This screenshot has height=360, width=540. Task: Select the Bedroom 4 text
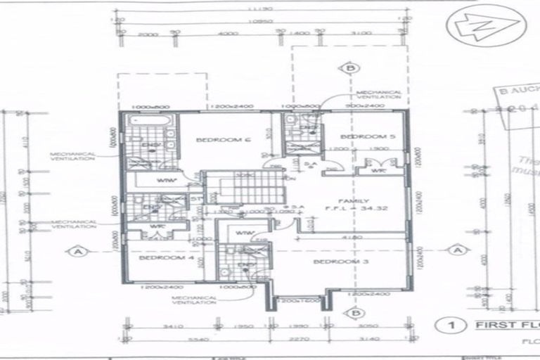[x=166, y=258]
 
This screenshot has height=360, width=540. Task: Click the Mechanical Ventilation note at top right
[x=379, y=95]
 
